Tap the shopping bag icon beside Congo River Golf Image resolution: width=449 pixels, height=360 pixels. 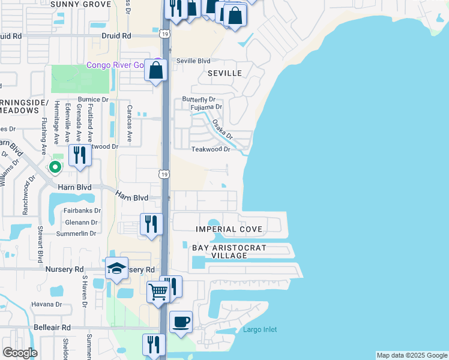[x=156, y=70]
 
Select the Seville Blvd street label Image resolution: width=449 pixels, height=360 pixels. [x=193, y=61]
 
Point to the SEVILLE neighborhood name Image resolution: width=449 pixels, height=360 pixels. [x=224, y=73]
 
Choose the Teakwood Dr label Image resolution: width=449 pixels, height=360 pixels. [x=211, y=149]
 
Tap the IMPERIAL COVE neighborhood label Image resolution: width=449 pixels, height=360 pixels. [x=229, y=230]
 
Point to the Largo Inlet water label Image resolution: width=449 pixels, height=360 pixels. [x=260, y=329]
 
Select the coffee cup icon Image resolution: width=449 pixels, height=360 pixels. [x=181, y=323]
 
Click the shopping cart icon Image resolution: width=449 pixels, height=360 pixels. [x=158, y=292]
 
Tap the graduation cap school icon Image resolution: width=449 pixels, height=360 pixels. [x=116, y=269]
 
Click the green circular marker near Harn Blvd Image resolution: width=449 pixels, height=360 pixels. [x=55, y=167]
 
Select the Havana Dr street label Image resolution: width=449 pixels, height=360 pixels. [x=46, y=304]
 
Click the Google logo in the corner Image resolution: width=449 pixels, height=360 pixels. [x=20, y=353]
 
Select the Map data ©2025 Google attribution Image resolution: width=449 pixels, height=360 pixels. [x=412, y=355]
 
